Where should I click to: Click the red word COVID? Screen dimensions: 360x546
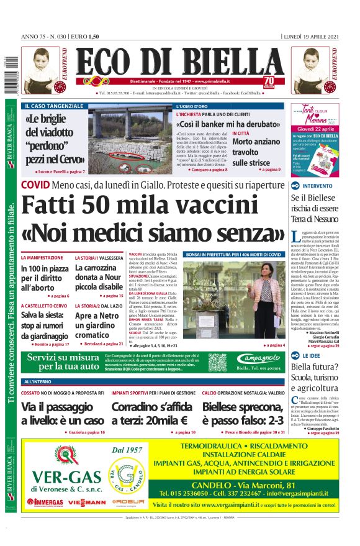(35, 185)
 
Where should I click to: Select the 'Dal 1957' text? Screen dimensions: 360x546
(130, 450)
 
